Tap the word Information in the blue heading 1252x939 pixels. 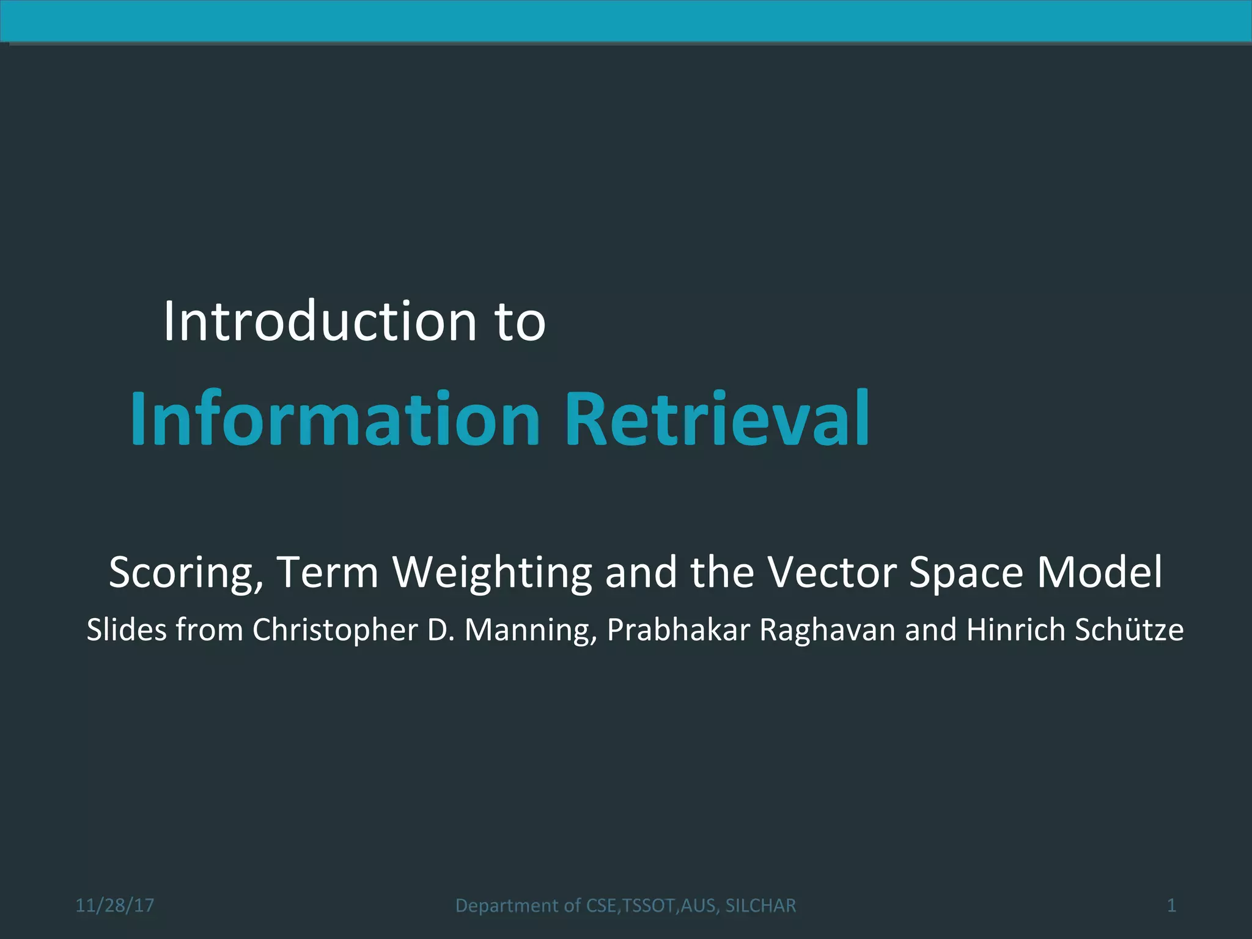335,419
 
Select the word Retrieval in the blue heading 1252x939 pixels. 717,419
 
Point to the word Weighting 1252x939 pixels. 492,573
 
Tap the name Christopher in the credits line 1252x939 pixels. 335,630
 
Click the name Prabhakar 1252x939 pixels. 678,630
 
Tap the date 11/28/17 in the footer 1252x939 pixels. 115,905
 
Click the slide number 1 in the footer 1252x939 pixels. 1171,905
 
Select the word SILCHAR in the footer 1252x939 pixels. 760,905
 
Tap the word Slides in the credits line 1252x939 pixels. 127,630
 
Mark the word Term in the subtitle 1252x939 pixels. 328,573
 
